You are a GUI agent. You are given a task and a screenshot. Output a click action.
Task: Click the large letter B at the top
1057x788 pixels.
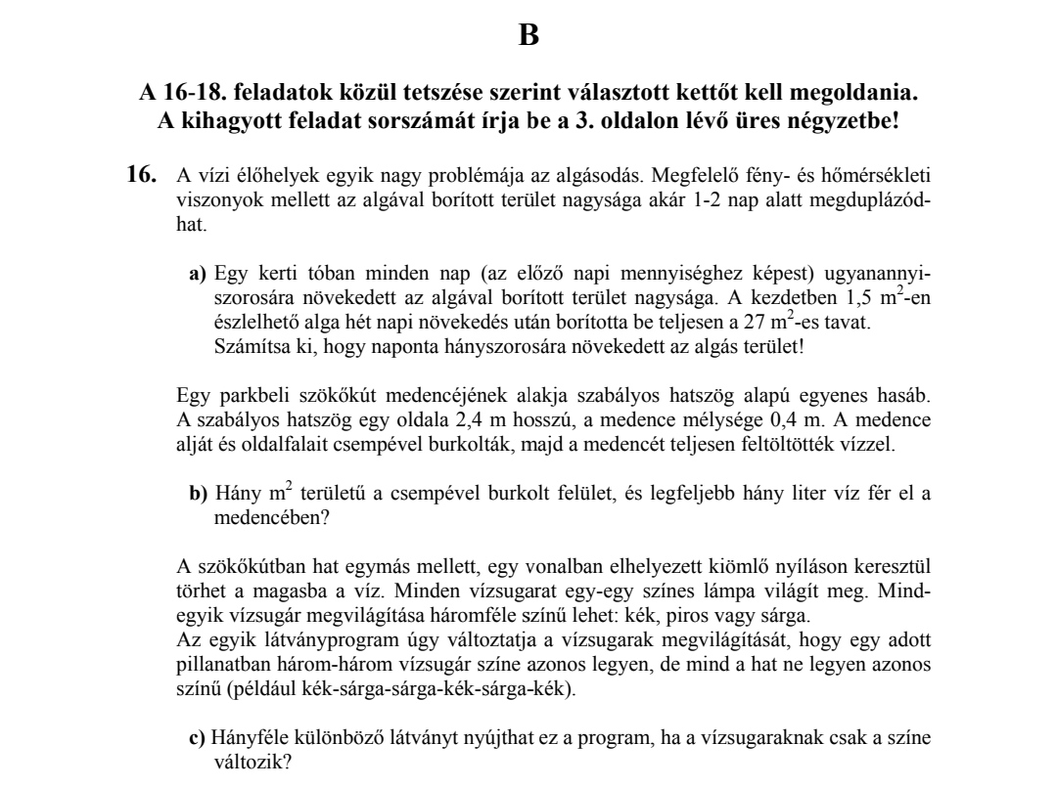pos(528,36)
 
